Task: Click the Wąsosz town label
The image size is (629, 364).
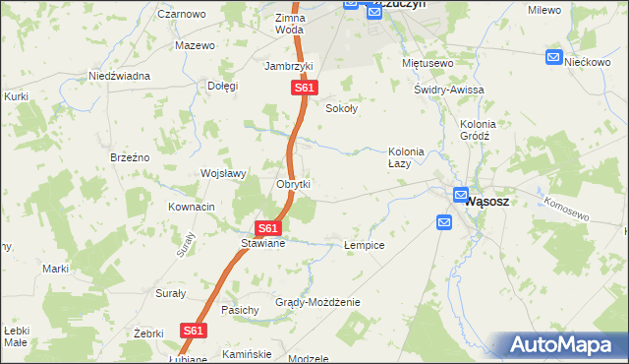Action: coord(485,200)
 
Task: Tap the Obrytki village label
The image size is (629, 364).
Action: coord(294,184)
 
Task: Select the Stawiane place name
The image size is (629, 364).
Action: coord(262,243)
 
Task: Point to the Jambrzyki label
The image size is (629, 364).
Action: coord(289,66)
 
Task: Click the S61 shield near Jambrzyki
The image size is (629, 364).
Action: coord(304,89)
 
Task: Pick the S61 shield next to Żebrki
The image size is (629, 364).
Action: coord(194,332)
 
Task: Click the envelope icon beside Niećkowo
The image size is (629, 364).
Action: coord(554,58)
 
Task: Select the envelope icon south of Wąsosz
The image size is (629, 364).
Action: coord(443,223)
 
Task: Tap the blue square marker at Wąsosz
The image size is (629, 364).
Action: coord(459,195)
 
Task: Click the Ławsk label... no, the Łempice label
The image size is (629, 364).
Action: coord(364,244)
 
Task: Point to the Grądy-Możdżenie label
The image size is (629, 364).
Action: coord(317,302)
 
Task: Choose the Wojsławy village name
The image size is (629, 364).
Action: coord(222,173)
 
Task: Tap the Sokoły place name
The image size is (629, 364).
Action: coord(341,109)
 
